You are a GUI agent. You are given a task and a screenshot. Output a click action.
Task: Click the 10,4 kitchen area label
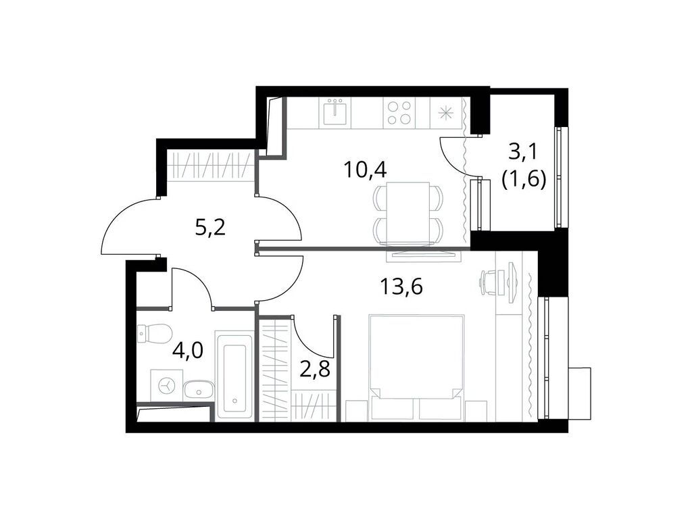365,169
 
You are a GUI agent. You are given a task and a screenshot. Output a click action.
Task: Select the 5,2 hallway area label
210,227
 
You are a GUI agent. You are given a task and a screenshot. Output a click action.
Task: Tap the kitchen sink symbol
335,112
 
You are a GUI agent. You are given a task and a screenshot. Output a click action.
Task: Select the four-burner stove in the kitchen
398,112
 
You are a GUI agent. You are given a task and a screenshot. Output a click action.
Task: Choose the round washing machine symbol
165,386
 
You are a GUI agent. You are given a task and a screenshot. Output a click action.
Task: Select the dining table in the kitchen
403,212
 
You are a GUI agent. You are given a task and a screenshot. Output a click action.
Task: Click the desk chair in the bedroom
493,281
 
